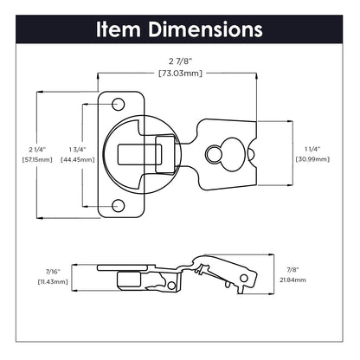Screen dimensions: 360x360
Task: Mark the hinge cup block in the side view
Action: [x=126, y=280]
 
